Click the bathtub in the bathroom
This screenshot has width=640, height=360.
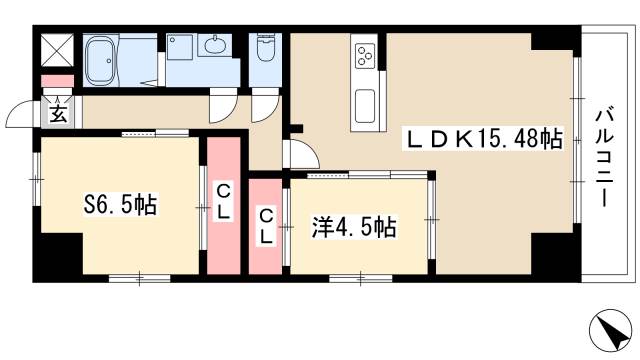point(101,61)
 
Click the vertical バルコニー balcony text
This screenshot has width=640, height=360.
point(605,154)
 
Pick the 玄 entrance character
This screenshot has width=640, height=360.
point(56,114)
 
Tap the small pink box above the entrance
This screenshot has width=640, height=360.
point(56,80)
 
